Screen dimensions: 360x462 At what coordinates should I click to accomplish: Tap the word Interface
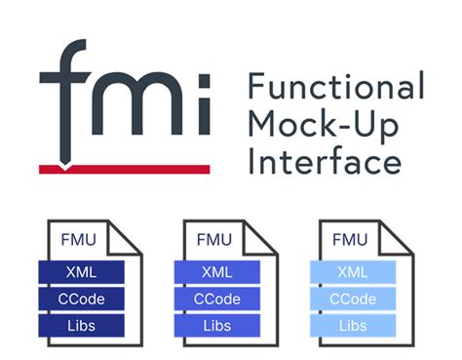(x=321, y=160)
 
